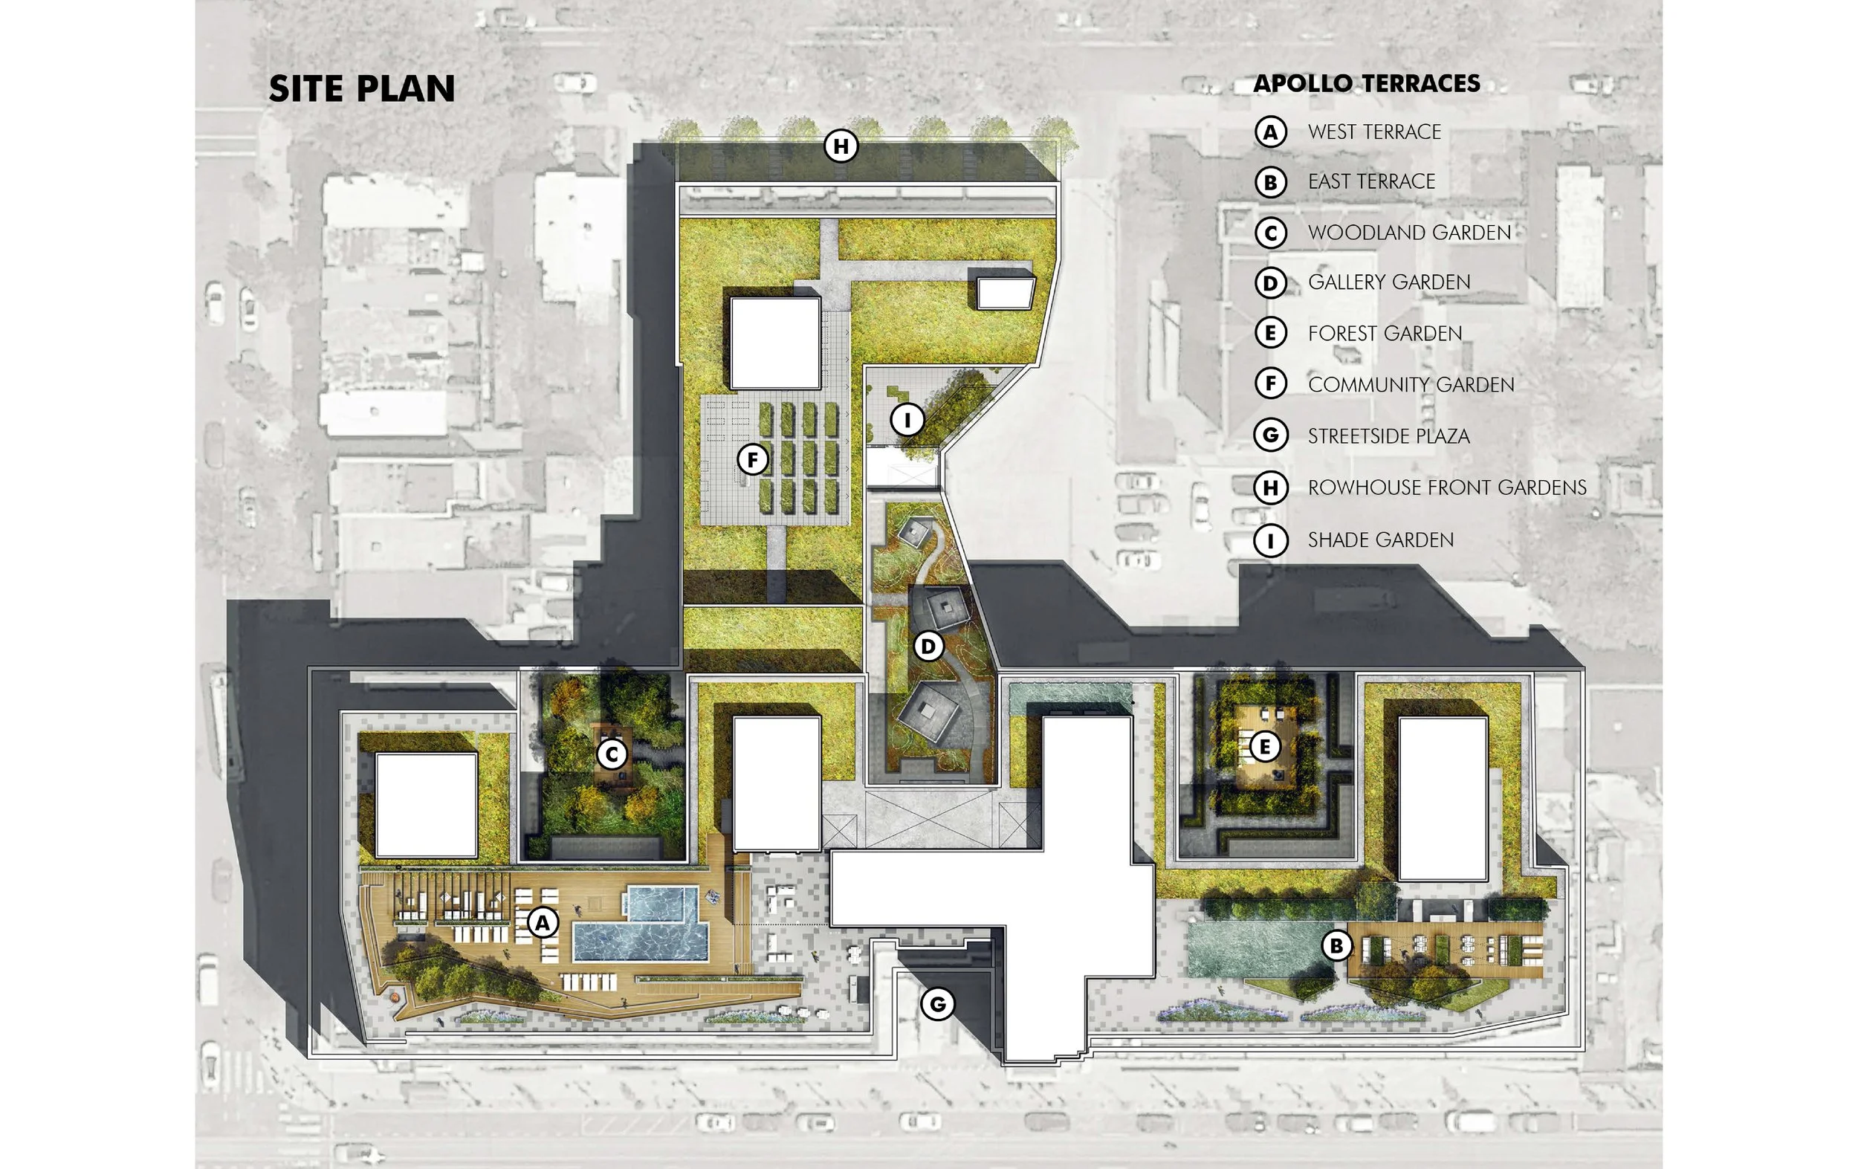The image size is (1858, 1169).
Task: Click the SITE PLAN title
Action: point(361,88)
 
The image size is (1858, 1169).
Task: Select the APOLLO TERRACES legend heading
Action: point(1367,83)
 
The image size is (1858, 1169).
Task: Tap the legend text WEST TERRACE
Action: point(1374,132)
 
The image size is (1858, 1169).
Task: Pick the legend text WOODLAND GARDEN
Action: point(1409,233)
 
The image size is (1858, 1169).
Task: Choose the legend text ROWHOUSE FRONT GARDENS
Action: point(1447,488)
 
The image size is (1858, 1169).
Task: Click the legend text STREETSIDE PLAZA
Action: point(1388,436)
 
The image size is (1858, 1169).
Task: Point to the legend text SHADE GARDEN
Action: point(1380,540)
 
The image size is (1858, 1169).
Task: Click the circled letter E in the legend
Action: point(1271,334)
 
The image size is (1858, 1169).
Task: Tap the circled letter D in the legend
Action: point(1271,283)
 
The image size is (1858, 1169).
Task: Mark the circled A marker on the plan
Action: point(543,922)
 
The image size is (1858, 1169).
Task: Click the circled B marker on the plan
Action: point(1336,945)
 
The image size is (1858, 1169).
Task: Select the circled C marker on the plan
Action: point(612,754)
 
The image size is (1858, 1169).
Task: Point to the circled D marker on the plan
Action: point(928,647)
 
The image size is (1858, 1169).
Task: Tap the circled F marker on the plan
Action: point(752,460)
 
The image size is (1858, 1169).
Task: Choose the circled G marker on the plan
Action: point(937,1004)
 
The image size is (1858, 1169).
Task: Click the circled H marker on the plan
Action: point(841,146)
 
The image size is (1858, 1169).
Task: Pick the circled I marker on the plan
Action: point(907,421)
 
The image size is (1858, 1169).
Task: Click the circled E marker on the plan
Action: point(1264,746)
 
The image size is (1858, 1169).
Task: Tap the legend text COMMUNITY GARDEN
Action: point(1411,384)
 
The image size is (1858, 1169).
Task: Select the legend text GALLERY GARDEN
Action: point(1389,282)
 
